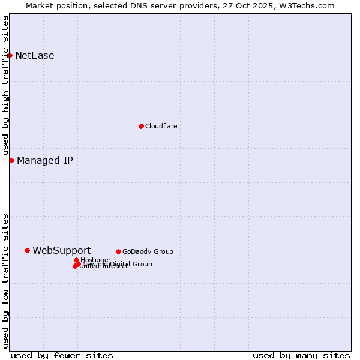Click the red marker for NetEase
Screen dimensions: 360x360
tap(10, 56)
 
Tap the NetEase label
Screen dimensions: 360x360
tap(35, 56)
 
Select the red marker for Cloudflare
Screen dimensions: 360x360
tap(141, 126)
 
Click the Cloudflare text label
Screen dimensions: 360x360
tap(161, 126)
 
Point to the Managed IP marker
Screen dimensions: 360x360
tap(11, 160)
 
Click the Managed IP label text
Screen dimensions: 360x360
tap(45, 160)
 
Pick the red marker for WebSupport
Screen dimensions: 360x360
tap(27, 250)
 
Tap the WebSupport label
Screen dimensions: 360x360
tap(61, 250)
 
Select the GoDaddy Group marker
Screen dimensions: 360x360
tap(118, 251)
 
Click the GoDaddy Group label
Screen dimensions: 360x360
tap(148, 251)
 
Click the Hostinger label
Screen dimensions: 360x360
tap(95, 260)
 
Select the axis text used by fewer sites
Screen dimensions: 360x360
tap(62, 355)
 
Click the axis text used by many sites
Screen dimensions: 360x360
tap(301, 355)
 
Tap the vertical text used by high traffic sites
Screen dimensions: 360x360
tap(5, 86)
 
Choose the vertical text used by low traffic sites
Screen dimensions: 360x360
tap(5, 280)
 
